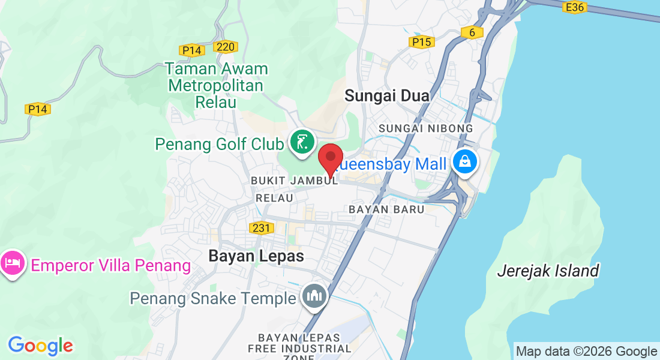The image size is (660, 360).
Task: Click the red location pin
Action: pyautogui.click(x=330, y=158)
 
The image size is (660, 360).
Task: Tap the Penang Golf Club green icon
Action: pyautogui.click(x=302, y=142)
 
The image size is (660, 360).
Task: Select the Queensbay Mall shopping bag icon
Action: pyautogui.click(x=464, y=161)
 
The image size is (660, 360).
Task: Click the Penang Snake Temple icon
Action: pyautogui.click(x=314, y=295)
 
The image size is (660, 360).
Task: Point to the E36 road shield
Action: pyautogui.click(x=574, y=7)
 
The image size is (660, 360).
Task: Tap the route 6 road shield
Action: pyautogui.click(x=472, y=32)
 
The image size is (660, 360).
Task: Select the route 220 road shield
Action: pyautogui.click(x=226, y=46)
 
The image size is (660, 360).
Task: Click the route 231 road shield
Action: pyautogui.click(x=261, y=227)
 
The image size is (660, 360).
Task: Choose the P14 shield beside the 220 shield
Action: pyautogui.click(x=191, y=50)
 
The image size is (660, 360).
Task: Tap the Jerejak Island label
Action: pyautogui.click(x=548, y=271)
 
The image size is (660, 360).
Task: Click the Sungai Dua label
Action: pyautogui.click(x=387, y=95)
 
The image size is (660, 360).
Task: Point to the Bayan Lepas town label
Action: pyautogui.click(x=256, y=256)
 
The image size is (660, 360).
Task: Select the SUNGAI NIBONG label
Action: pyautogui.click(x=426, y=128)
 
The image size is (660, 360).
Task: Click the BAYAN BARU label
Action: pyautogui.click(x=386, y=209)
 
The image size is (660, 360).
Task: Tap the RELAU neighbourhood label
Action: pyautogui.click(x=274, y=197)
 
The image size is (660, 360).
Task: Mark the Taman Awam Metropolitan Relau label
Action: pyautogui.click(x=216, y=85)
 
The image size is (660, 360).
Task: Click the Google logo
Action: pyautogui.click(x=41, y=346)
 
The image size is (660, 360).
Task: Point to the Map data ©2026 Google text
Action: pyautogui.click(x=586, y=352)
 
